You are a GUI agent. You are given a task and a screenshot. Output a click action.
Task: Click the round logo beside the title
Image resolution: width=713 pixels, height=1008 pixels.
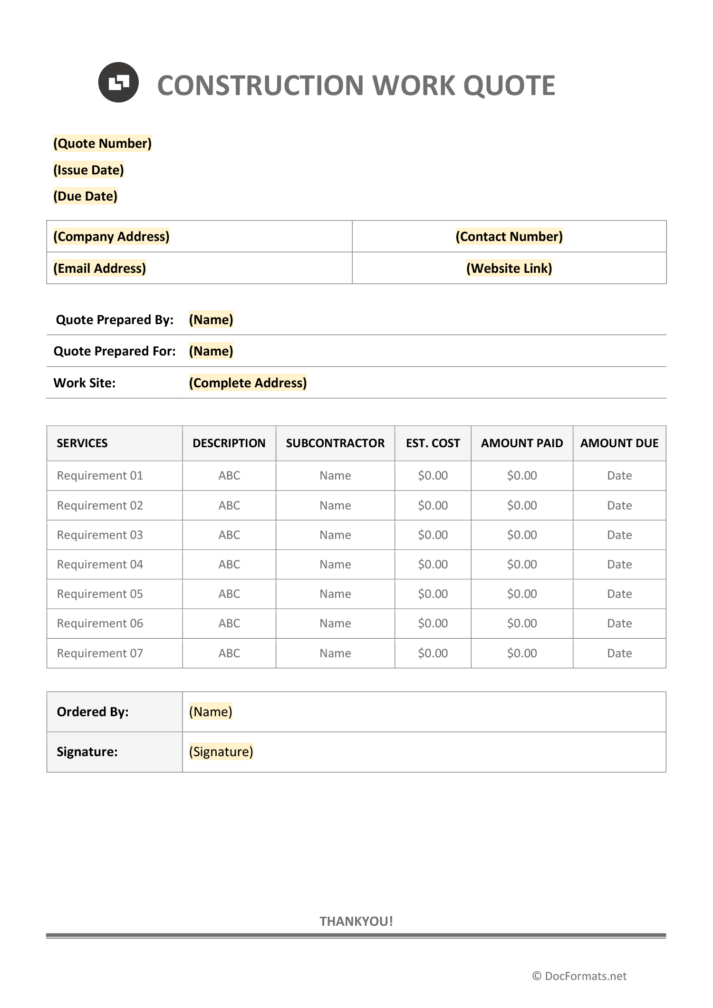tap(118, 82)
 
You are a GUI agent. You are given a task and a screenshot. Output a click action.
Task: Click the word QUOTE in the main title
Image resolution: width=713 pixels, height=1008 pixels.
tap(509, 86)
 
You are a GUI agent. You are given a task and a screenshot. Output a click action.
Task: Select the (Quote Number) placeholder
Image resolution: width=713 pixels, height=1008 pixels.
tap(102, 144)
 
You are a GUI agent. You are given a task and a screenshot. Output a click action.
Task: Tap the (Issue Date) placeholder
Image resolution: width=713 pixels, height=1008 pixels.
tap(88, 170)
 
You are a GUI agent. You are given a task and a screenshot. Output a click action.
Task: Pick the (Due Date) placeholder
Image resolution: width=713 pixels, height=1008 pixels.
tap(85, 196)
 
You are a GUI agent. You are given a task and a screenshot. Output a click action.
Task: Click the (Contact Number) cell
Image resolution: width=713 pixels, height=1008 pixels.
tap(509, 237)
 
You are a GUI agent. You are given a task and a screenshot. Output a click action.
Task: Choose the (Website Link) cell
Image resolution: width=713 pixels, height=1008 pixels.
tap(509, 269)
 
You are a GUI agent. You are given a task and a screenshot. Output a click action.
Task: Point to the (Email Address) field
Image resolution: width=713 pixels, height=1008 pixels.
tap(99, 269)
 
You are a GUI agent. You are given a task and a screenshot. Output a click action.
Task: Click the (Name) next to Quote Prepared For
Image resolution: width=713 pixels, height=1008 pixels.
tap(211, 351)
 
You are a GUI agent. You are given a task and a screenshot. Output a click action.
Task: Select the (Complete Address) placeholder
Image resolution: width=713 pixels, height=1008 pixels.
tap(248, 383)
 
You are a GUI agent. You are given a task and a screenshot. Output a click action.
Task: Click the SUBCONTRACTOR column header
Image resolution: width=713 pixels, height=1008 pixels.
tap(335, 443)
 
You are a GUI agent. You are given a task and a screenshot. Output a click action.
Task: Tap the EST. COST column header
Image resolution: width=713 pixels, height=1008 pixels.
tap(433, 443)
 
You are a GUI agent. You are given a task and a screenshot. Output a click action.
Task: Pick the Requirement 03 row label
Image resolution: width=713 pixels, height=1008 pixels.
tap(100, 535)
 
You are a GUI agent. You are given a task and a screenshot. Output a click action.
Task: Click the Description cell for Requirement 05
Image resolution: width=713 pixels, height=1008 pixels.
tap(229, 594)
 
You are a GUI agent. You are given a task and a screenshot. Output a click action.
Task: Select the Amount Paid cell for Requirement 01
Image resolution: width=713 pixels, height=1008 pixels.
tap(521, 476)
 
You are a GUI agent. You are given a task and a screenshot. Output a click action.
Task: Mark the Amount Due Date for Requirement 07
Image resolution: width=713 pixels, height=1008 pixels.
tap(619, 653)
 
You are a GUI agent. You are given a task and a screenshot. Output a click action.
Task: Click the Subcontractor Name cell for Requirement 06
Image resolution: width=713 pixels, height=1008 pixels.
tap(335, 624)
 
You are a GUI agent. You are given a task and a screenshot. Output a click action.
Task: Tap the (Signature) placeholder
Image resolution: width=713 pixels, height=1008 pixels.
tap(221, 752)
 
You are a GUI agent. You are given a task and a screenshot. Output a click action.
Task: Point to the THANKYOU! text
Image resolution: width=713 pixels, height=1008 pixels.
tap(356, 922)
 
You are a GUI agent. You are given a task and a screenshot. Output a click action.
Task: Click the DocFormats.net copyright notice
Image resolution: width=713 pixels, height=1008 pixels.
tap(579, 976)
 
